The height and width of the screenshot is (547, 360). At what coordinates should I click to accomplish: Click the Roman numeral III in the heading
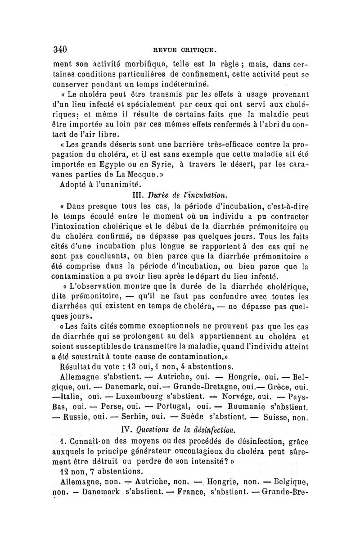pos(135,195)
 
